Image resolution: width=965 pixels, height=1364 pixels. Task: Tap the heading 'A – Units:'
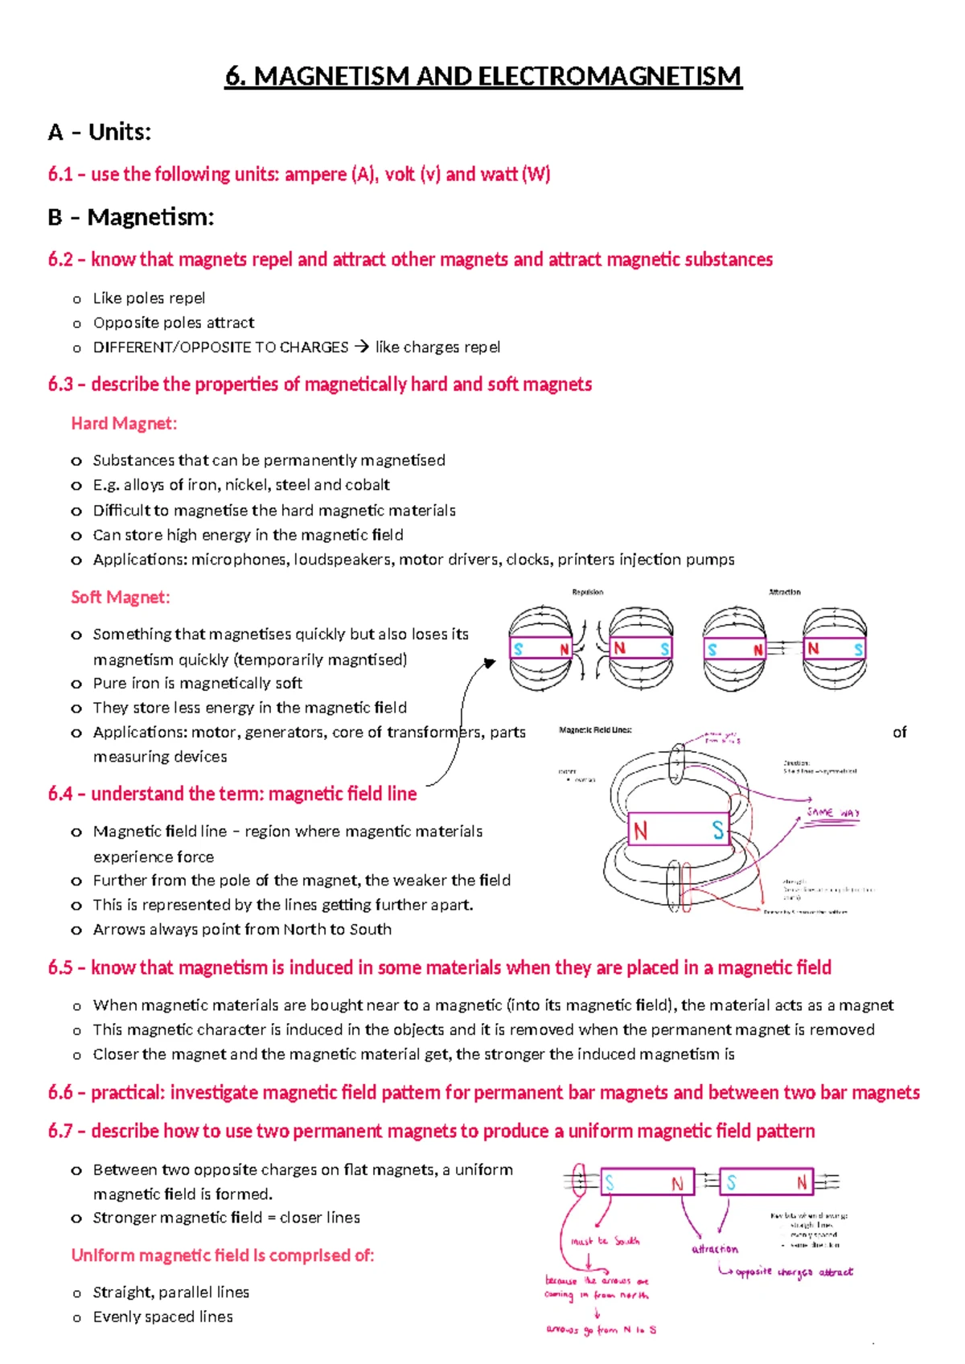tap(100, 132)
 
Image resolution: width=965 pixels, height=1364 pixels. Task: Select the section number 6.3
tap(60, 384)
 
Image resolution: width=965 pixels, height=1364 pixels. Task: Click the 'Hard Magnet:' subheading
tap(124, 424)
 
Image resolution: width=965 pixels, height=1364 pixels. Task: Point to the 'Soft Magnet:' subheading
tap(121, 598)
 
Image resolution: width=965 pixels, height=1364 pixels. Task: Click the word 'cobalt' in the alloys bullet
tap(368, 485)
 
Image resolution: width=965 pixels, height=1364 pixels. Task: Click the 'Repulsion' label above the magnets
tap(587, 592)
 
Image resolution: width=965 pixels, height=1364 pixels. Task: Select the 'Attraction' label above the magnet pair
tap(784, 592)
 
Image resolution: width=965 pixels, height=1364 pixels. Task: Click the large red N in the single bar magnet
tap(640, 831)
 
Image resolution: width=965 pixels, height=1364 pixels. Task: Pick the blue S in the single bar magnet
tap(717, 831)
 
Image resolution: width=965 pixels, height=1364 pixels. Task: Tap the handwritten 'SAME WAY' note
tap(833, 812)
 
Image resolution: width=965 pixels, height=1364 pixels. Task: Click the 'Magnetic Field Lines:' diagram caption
tap(595, 730)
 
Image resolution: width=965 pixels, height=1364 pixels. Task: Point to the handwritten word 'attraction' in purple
tap(714, 1249)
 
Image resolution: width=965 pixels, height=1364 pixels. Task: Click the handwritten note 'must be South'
tap(605, 1242)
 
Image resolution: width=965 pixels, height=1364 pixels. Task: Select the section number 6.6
tap(60, 1093)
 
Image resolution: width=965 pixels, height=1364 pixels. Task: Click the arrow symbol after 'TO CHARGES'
tap(361, 347)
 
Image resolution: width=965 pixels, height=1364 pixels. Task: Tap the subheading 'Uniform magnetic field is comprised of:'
tap(223, 1255)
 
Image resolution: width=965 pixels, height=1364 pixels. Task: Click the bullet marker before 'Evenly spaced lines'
tap(76, 1318)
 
